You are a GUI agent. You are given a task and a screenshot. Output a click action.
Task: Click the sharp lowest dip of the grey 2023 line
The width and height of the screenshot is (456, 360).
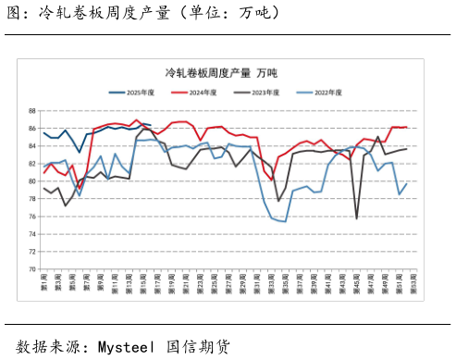point(357,218)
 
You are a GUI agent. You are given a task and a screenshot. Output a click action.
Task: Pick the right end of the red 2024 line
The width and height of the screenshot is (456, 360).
point(407,127)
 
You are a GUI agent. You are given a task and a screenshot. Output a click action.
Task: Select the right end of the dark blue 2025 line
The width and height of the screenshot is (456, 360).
point(150,125)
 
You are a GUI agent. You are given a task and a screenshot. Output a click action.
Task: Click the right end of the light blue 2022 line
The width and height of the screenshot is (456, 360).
point(407,183)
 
